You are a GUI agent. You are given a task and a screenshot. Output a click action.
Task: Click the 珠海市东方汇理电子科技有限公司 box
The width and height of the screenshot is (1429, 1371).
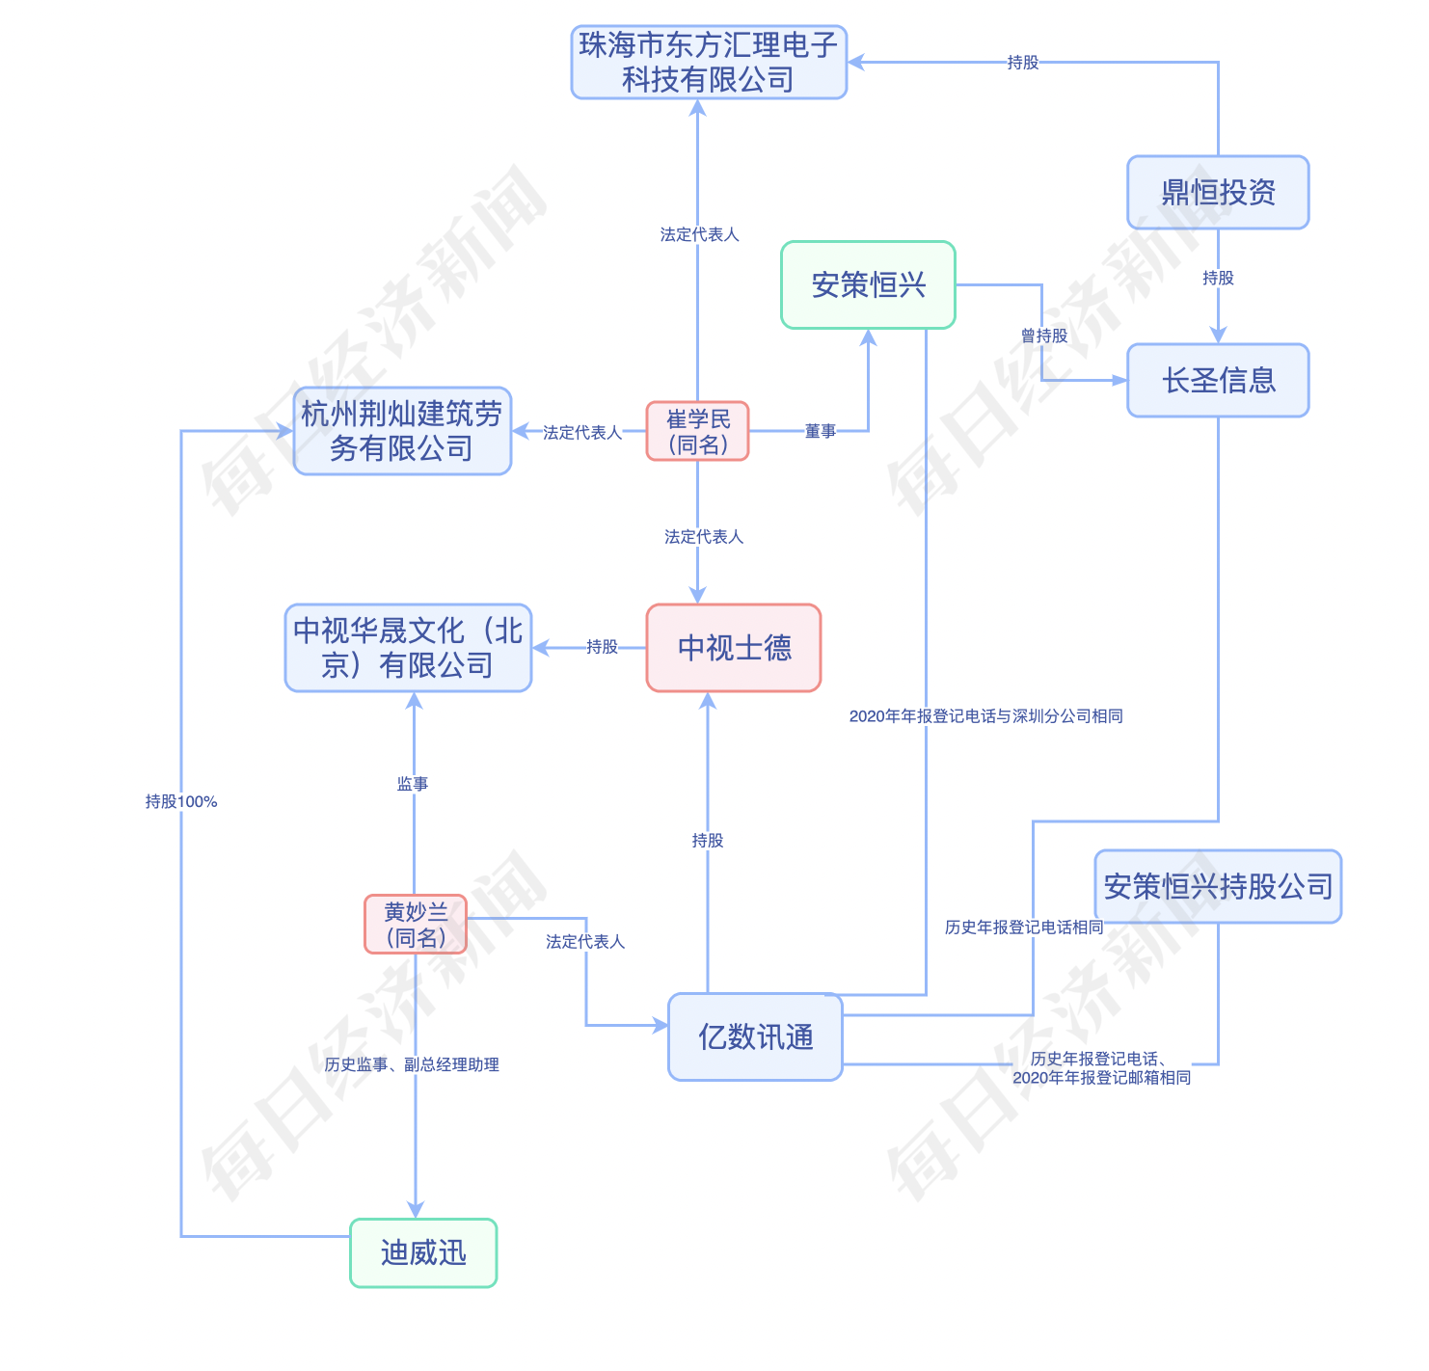(709, 63)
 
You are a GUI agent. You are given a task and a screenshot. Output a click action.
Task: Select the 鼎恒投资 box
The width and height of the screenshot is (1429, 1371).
(1218, 193)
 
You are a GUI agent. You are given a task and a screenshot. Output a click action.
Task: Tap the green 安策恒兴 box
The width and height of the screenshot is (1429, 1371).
(868, 285)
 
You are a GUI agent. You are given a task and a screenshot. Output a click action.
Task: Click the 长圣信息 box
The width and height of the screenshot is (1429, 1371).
(1218, 381)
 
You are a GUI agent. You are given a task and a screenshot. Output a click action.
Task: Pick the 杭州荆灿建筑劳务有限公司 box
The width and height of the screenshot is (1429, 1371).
(402, 431)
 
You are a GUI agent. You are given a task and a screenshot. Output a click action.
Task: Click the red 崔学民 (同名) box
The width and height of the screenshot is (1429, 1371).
(697, 431)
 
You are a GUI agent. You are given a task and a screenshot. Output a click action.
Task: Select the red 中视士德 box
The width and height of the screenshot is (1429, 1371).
(734, 648)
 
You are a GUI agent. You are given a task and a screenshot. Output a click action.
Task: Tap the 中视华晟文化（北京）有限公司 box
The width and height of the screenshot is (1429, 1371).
(408, 648)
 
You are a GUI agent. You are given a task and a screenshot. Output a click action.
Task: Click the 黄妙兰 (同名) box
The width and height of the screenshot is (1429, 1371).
(416, 925)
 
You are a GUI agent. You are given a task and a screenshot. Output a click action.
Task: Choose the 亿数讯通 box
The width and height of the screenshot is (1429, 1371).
(755, 1037)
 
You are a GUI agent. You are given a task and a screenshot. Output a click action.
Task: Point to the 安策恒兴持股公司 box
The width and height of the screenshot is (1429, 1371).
(1218, 886)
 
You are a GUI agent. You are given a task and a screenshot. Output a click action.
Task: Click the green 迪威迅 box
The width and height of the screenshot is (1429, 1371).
(423, 1253)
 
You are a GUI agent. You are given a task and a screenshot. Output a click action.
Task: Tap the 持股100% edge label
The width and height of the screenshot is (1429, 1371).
(181, 801)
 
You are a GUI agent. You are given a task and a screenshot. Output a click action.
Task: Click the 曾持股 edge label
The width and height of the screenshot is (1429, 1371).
(1044, 336)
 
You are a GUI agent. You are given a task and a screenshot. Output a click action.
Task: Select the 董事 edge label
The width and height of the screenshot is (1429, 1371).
(821, 431)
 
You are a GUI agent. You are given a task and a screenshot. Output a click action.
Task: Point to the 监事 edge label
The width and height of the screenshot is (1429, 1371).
(413, 784)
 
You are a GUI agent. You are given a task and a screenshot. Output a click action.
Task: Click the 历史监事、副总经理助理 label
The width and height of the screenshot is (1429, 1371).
(412, 1064)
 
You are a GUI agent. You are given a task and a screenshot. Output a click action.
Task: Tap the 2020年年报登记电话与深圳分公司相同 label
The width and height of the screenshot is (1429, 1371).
(985, 715)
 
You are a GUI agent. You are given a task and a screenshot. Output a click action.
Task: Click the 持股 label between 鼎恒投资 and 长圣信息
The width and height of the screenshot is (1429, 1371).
(1218, 278)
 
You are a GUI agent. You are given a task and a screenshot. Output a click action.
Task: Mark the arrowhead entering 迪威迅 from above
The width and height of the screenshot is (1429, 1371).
(416, 1210)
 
